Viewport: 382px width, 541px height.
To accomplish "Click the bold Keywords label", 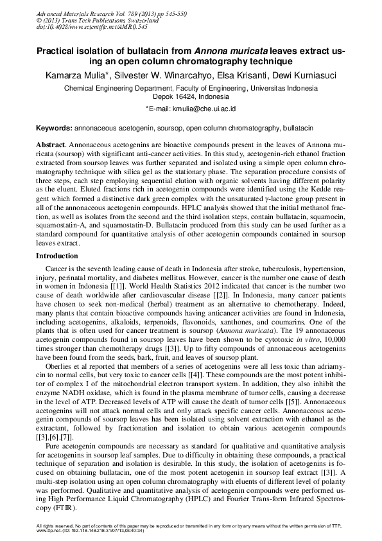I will click(54, 129).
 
